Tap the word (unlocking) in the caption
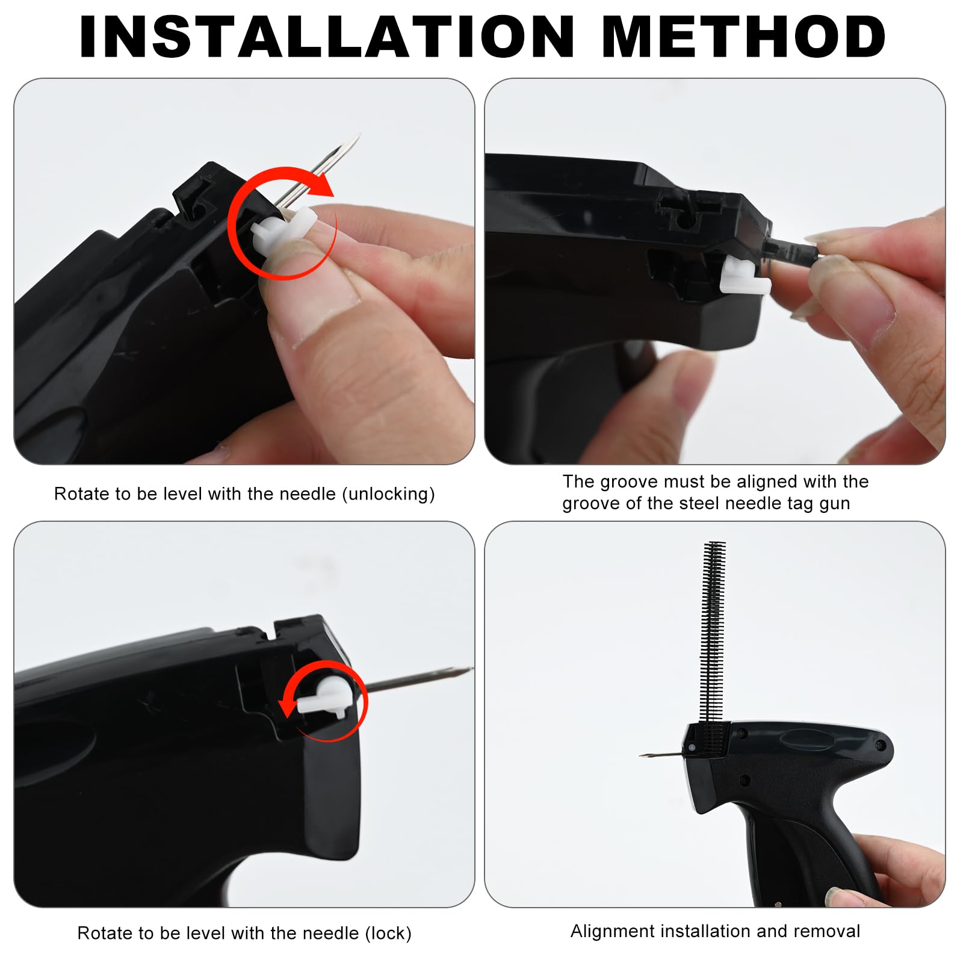coord(388,494)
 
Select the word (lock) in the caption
coord(388,934)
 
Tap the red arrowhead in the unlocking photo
coord(324,185)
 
